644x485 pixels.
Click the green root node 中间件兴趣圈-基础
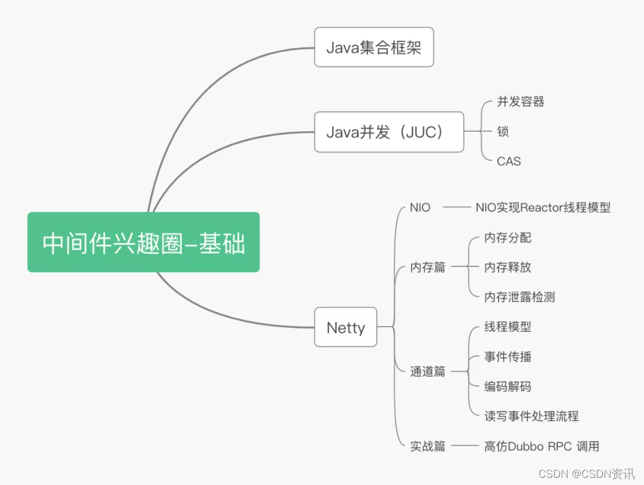143,242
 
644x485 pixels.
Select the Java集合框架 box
374,47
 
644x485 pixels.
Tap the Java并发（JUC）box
389,132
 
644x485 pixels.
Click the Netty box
345,327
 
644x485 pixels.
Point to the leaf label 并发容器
521,102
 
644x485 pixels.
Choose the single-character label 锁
503,132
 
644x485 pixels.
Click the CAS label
509,161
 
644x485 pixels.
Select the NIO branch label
420,208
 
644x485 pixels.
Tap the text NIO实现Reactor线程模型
543,208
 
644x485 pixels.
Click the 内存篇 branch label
428,268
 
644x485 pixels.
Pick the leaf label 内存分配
507,238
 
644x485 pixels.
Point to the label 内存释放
507,268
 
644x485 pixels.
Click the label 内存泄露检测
519,297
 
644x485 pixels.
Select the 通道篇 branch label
428,372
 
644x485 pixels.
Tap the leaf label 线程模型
507,327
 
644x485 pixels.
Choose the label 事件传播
507,357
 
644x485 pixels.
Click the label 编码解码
507,387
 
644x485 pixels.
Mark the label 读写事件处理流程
531,416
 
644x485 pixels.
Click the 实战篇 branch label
428,446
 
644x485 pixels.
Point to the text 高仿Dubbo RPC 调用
541,446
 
